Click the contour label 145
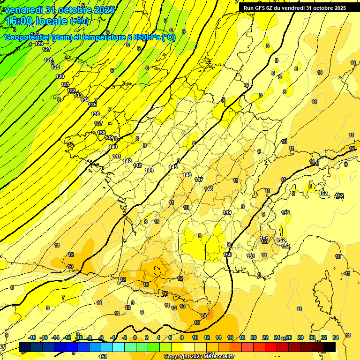[173, 167]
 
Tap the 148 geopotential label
[209, 189]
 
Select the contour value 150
[228, 255]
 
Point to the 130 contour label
[60, 76]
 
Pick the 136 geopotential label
[95, 114]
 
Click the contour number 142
[127, 161]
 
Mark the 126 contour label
[39, 44]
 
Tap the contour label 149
[227, 212]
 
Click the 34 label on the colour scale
[335, 337]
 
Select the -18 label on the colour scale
[32, 337]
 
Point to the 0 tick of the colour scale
[135, 337]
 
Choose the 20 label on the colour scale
[254, 337]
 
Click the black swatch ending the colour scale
[330, 347]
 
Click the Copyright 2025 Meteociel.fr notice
[199, 356]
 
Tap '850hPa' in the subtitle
[146, 37]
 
